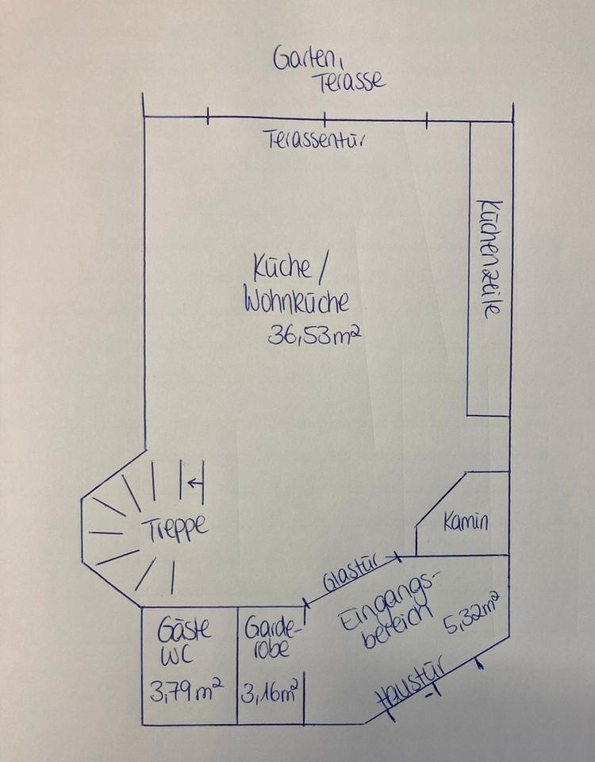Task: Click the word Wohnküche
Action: [297, 304]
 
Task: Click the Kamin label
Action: [466, 522]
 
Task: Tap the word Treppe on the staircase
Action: [176, 526]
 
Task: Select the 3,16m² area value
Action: [271, 693]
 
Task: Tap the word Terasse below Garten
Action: [349, 80]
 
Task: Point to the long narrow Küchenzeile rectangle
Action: [488, 269]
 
